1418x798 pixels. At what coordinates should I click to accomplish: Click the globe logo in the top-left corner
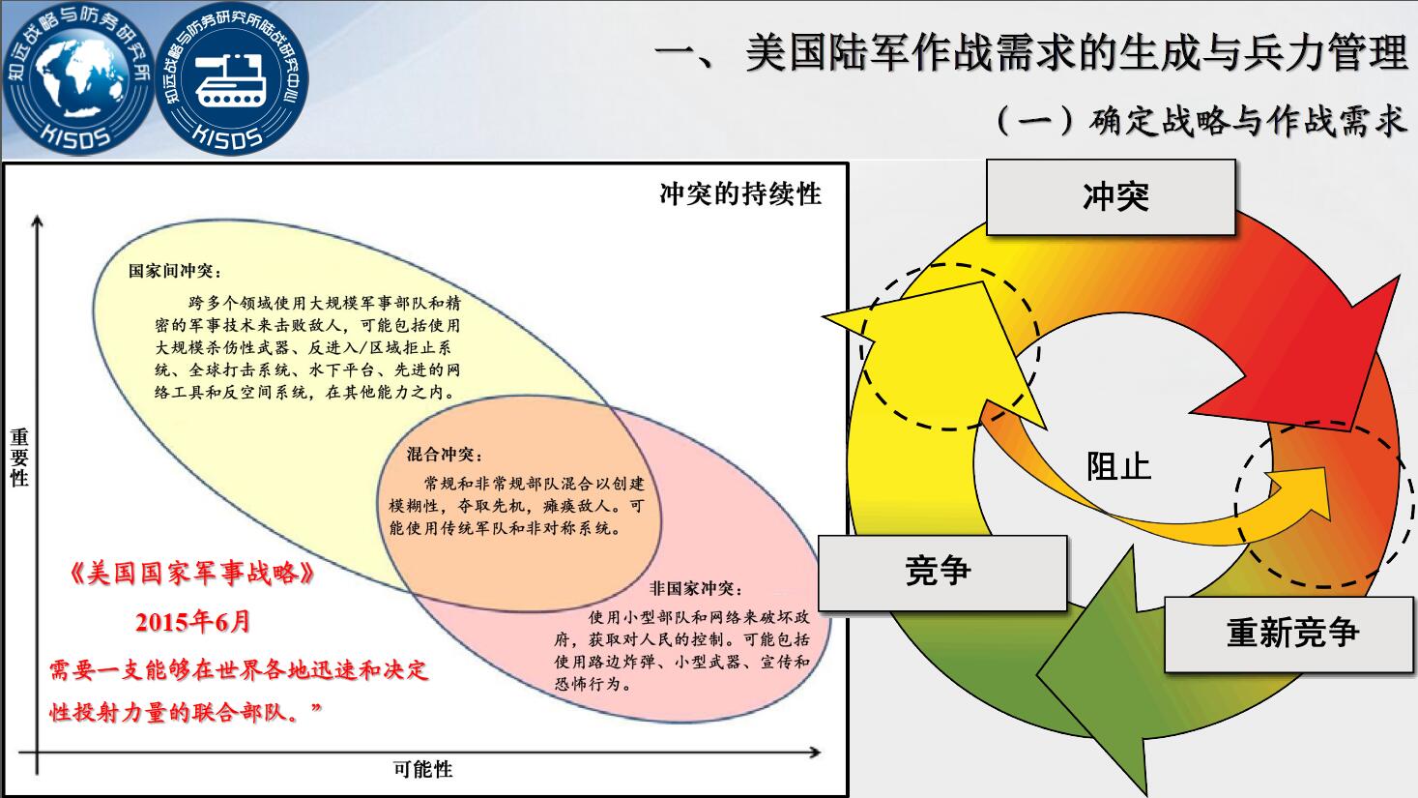[x=78, y=79]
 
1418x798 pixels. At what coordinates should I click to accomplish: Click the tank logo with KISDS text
[x=232, y=79]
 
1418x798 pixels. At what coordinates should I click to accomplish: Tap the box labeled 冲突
[x=1111, y=197]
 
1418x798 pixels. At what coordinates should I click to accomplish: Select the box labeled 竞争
[x=942, y=573]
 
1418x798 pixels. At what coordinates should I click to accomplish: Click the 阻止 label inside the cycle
[x=1118, y=467]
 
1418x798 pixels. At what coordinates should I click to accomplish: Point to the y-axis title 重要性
[x=19, y=458]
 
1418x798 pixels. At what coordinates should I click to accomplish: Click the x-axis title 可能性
[x=422, y=770]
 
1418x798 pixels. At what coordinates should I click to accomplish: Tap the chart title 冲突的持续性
[x=740, y=193]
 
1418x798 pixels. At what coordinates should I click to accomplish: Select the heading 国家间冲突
[x=175, y=271]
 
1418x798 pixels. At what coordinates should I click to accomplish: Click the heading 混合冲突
[x=445, y=454]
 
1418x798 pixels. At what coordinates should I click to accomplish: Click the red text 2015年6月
[x=193, y=622]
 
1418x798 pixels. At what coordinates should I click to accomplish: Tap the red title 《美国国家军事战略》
[x=192, y=574]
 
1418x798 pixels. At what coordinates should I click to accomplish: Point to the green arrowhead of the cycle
[x=1095, y=671]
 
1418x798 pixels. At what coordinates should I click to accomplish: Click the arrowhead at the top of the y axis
[x=38, y=221]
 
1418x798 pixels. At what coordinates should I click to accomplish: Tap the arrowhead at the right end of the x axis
[x=816, y=753]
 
